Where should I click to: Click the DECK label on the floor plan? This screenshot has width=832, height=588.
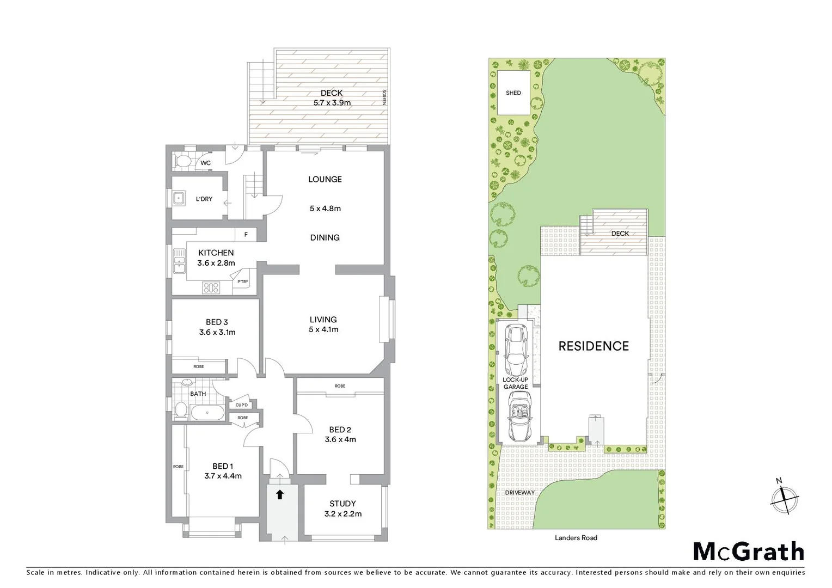332,94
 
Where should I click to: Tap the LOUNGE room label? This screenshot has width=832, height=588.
325,179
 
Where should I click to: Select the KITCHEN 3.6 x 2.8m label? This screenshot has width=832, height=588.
216,258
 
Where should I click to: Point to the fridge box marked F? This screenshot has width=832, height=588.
246,235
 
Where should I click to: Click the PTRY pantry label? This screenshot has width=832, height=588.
243,282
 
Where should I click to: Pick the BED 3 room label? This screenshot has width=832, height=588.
217,327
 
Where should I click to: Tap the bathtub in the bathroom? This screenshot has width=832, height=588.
207,413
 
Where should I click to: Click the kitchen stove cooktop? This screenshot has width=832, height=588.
211,287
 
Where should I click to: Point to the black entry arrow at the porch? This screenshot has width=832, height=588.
280,494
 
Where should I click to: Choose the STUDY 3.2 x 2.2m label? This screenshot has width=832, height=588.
342,509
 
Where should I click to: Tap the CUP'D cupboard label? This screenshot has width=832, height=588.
242,405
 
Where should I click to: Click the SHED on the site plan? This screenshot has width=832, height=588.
513,93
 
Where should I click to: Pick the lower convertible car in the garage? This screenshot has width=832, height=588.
519,415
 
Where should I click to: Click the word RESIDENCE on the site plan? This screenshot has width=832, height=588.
594,346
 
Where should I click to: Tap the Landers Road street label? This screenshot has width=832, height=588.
576,538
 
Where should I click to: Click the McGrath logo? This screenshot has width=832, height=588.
749,552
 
